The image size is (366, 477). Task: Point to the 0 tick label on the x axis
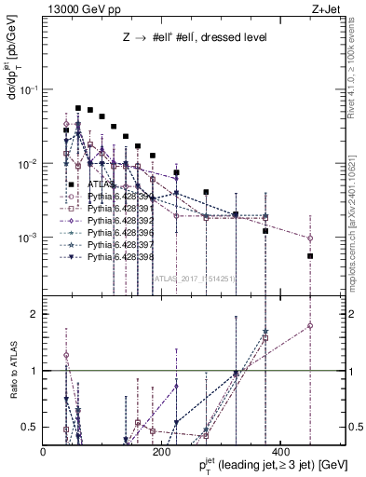[x=45, y=451]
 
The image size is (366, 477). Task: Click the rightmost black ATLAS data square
[x=310, y=255]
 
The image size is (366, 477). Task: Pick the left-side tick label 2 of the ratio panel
[x=36, y=314]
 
